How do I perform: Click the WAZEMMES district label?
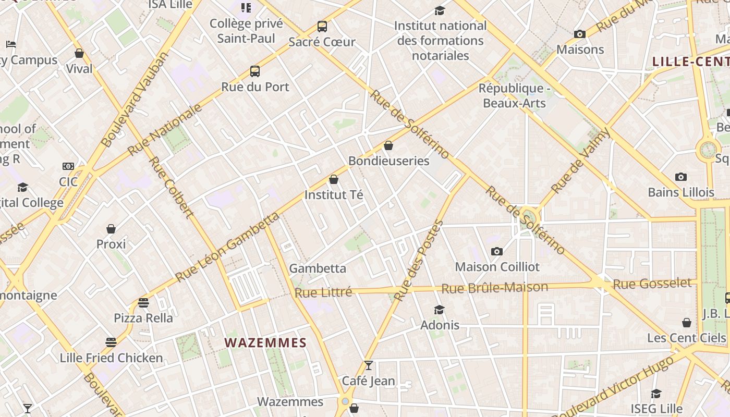[x=265, y=342]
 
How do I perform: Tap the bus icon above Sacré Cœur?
[x=322, y=27]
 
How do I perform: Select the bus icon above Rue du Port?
[x=255, y=71]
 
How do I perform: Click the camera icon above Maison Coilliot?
[x=497, y=252]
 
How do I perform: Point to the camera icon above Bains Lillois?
[x=680, y=177]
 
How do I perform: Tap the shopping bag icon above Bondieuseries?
[x=388, y=145]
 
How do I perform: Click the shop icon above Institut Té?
[x=334, y=180]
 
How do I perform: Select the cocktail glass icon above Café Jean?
[x=369, y=365]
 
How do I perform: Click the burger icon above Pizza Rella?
[x=143, y=303]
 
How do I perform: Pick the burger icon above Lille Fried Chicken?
[x=111, y=342]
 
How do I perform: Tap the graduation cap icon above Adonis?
[x=440, y=310]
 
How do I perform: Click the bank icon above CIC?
[x=68, y=166]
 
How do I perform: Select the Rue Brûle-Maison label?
[x=494, y=288]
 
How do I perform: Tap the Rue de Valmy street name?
[x=581, y=161]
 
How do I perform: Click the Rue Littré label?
[x=323, y=292]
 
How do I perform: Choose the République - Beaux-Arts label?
[x=514, y=95]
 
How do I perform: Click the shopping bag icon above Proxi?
[x=111, y=229]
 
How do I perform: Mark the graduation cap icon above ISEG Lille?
[x=656, y=394]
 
